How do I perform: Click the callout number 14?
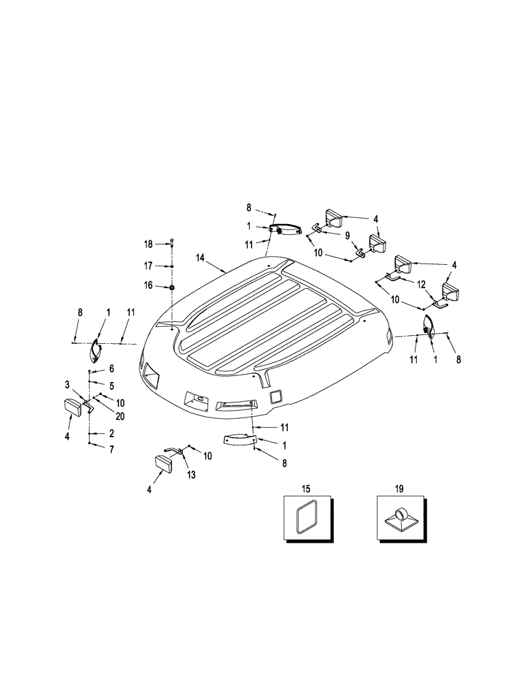tap(201, 259)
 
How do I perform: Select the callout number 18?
tap(148, 243)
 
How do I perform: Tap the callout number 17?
tap(148, 266)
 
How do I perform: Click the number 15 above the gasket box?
tap(305, 489)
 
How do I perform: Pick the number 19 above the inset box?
tap(399, 489)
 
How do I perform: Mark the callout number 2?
tap(112, 433)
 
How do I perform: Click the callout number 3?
tap(68, 385)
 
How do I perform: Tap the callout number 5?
tap(112, 385)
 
